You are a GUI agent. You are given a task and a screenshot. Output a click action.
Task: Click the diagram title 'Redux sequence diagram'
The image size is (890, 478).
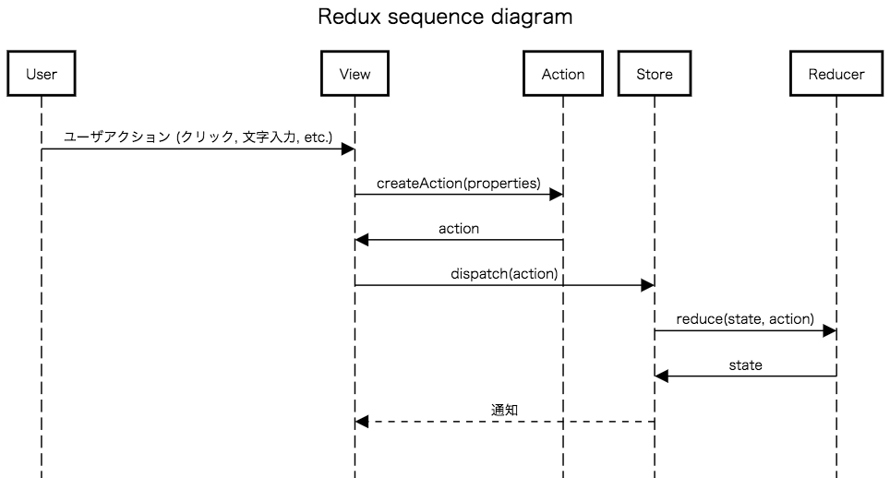(x=445, y=18)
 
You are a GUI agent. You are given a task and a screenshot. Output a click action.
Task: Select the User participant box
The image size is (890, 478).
(x=42, y=74)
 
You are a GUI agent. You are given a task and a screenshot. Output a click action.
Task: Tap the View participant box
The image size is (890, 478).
(x=355, y=74)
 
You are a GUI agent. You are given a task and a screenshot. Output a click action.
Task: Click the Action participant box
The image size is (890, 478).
(x=562, y=74)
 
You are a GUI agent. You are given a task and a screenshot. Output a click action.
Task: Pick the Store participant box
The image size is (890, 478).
(x=654, y=74)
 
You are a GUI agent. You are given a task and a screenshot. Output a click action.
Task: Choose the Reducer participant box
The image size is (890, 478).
(x=836, y=74)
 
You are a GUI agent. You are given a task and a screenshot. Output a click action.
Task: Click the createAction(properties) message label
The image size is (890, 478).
(x=459, y=183)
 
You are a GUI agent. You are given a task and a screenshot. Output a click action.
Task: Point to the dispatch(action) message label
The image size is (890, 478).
(x=504, y=273)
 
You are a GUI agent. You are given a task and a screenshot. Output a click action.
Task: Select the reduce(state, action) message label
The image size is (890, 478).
(x=745, y=319)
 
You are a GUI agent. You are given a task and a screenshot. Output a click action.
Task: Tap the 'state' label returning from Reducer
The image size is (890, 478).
(x=745, y=364)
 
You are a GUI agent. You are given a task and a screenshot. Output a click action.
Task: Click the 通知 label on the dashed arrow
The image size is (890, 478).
(x=504, y=410)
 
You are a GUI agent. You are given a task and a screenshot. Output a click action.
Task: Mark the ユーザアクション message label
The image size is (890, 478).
(x=198, y=137)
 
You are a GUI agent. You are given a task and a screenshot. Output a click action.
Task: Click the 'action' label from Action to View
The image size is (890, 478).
(x=459, y=228)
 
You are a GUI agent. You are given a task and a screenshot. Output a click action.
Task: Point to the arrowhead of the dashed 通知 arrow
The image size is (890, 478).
(x=362, y=422)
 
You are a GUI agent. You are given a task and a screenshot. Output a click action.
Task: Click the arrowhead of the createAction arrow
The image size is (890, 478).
(x=556, y=195)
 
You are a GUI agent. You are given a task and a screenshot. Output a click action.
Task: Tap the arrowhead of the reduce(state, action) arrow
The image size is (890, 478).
(x=829, y=331)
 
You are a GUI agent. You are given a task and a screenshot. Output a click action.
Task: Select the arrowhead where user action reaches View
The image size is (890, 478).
(x=348, y=149)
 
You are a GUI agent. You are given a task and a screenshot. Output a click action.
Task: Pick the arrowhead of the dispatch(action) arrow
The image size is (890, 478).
(x=647, y=286)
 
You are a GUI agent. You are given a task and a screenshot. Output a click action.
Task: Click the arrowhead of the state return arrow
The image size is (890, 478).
(x=661, y=376)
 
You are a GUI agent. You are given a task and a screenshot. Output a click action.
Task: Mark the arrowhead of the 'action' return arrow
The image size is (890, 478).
(x=362, y=240)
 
